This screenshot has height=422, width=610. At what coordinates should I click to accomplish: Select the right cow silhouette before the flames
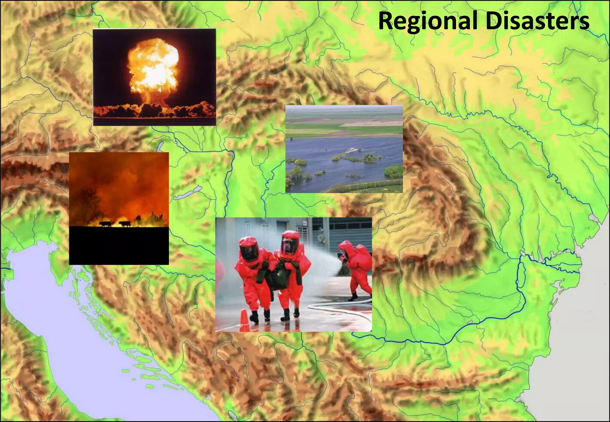tap(125, 223)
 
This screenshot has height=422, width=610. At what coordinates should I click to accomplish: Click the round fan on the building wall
tap(321, 238)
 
